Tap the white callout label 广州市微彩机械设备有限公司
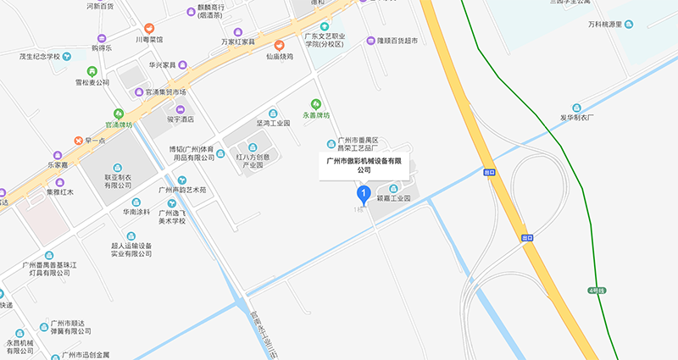pyautogui.click(x=364, y=164)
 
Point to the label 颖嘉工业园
pyautogui.click(x=393, y=197)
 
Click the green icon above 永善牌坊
pyautogui.click(x=318, y=102)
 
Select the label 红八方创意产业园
pyautogui.click(x=251, y=161)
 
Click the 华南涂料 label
pyautogui.click(x=136, y=212)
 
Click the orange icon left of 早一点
pyautogui.click(x=77, y=140)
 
